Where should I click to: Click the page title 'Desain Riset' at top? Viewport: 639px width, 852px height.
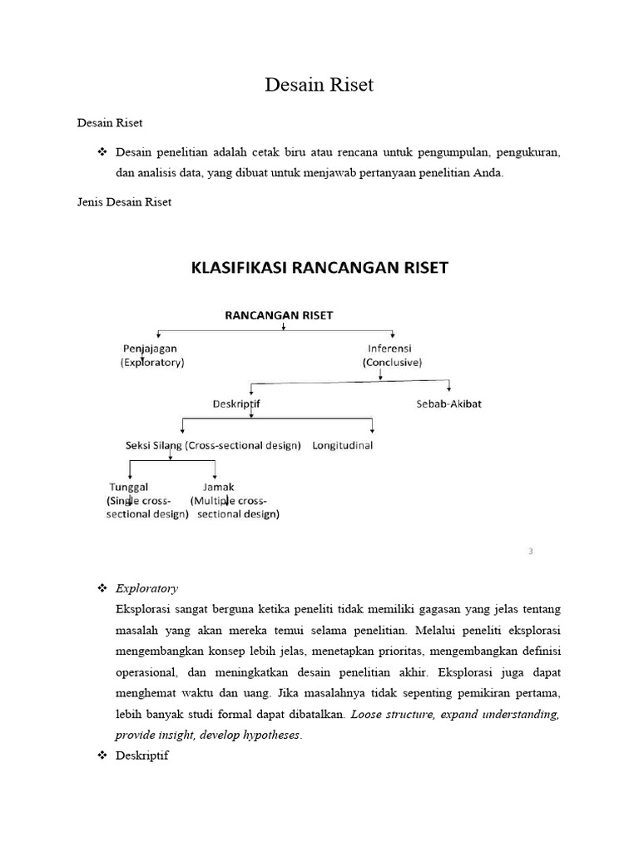[319, 85]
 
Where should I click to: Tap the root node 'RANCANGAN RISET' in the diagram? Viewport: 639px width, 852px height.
[279, 315]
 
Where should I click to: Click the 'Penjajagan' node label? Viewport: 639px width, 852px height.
[150, 348]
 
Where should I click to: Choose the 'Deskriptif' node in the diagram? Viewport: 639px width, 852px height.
[236, 404]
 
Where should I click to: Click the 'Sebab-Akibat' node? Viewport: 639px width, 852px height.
[448, 404]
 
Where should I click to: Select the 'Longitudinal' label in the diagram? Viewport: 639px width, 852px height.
[343, 445]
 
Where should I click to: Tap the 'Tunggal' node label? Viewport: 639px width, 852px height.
[129, 487]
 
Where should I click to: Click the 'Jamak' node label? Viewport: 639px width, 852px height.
[219, 487]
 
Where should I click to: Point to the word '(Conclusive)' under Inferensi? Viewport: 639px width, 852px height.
[392, 362]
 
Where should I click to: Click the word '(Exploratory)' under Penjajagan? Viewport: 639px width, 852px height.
[152, 362]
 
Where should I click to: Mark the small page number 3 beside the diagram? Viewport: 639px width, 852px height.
[530, 551]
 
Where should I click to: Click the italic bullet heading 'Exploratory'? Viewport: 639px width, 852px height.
[147, 588]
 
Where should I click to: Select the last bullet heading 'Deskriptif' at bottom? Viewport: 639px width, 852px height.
[142, 756]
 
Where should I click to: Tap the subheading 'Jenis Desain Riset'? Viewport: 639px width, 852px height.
[124, 202]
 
